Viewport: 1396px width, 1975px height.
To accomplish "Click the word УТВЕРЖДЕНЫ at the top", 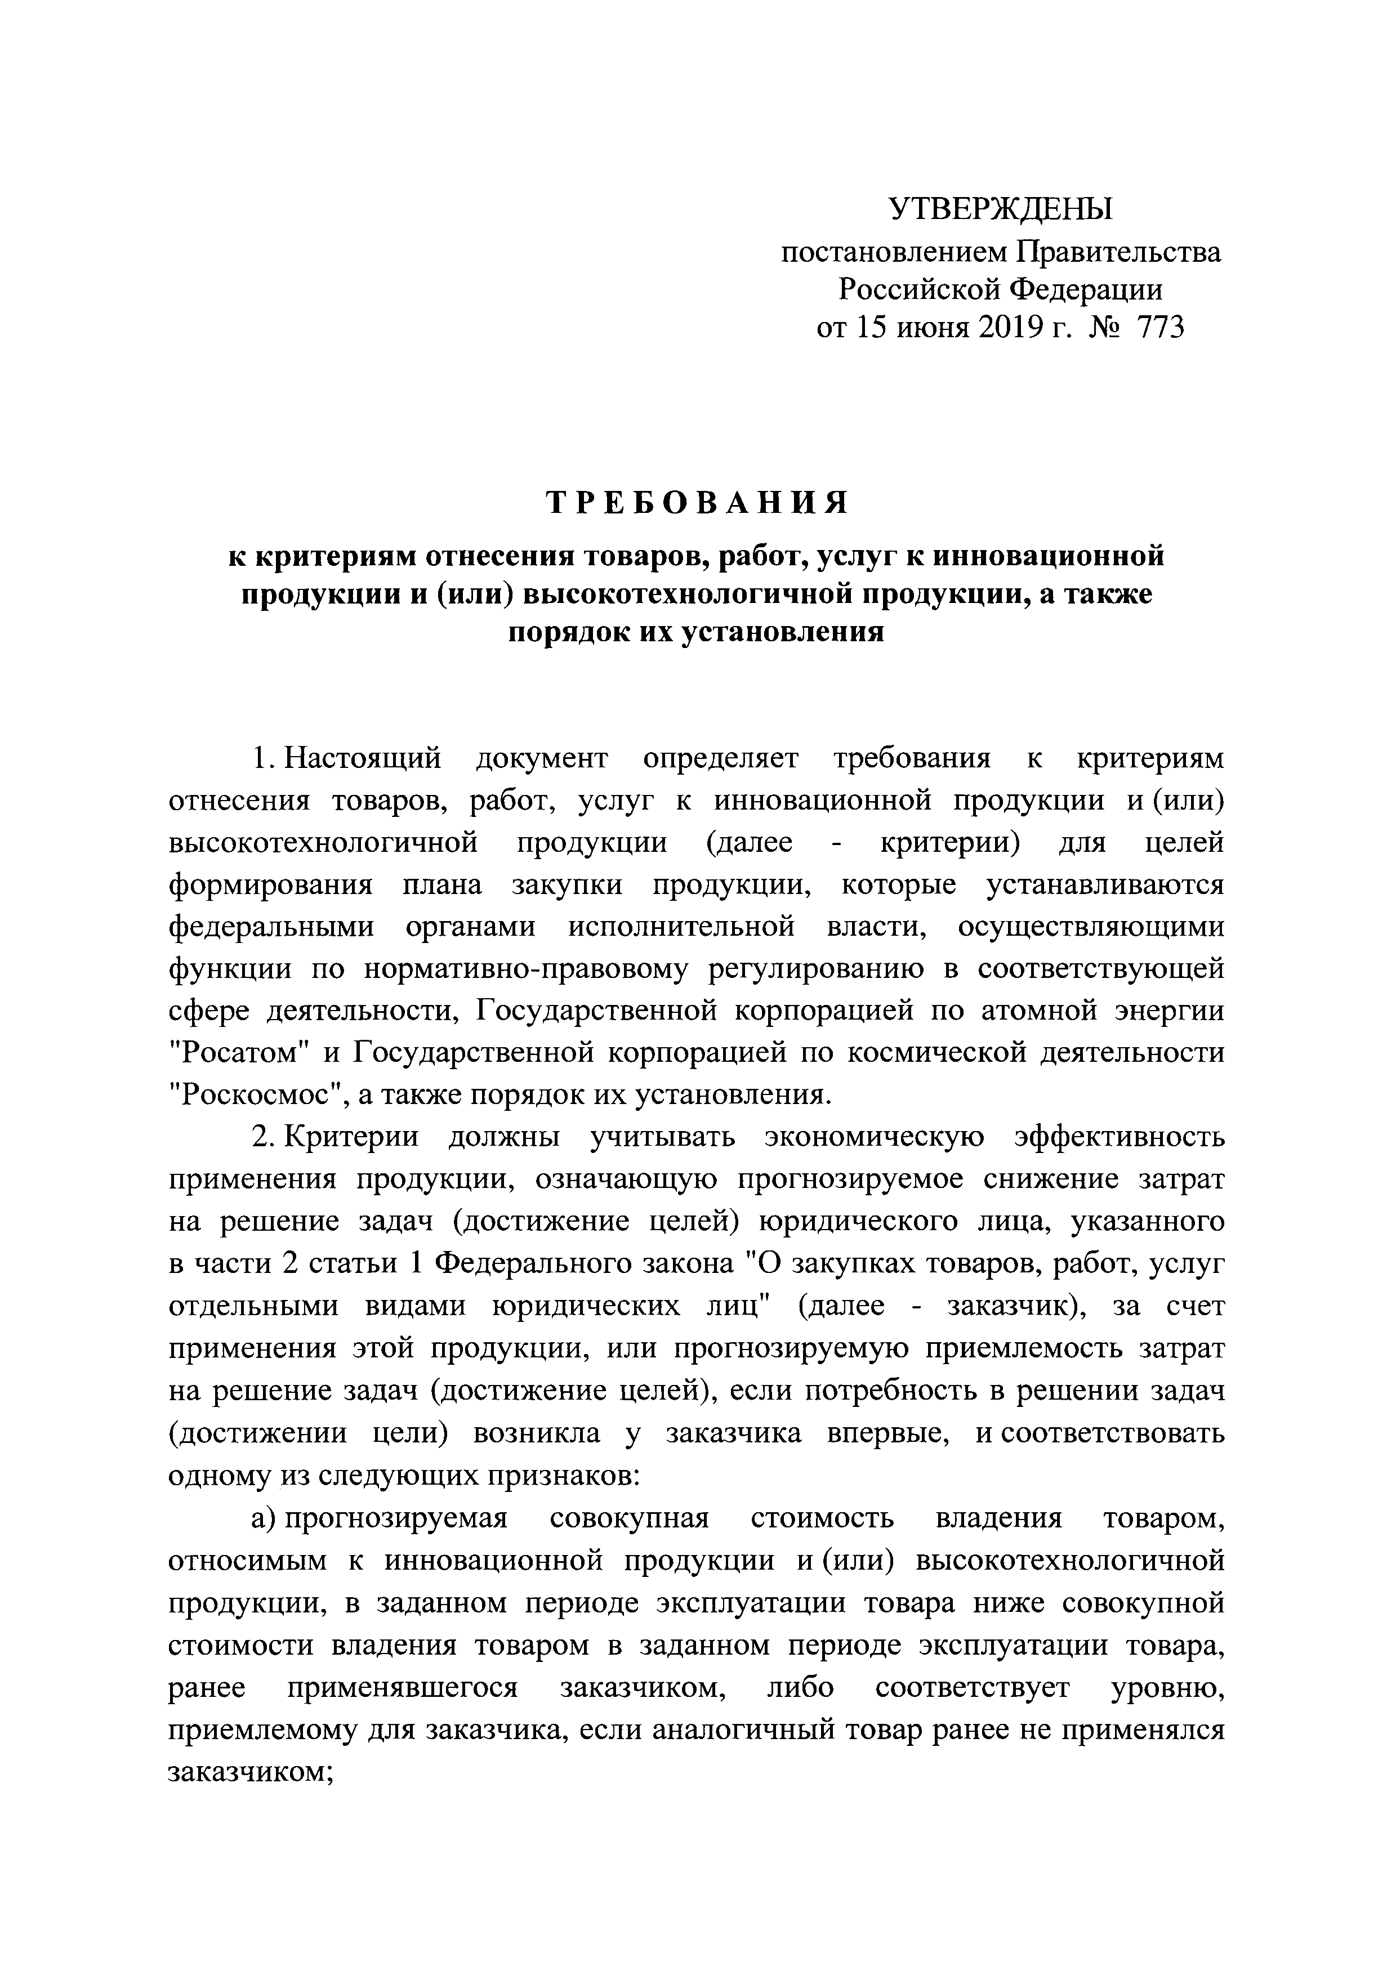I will [1000, 209].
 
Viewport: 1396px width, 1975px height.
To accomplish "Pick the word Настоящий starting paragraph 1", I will [363, 759].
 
